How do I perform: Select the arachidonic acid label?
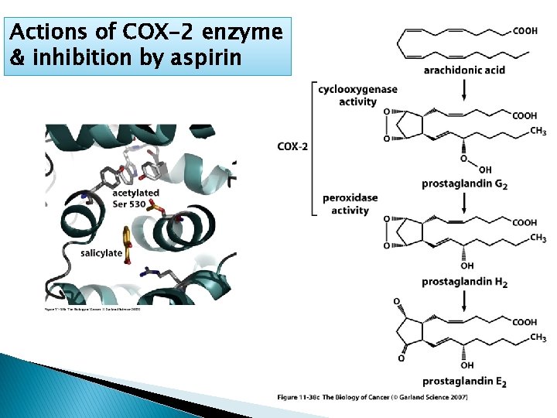coord(464,70)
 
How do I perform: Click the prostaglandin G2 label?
coord(464,184)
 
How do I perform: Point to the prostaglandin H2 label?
coord(464,283)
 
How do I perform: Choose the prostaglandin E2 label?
coord(464,381)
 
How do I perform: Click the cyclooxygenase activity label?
coord(357,95)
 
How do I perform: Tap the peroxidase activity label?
coord(350,204)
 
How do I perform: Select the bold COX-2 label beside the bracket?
coord(292,146)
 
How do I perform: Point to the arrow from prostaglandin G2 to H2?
coord(464,202)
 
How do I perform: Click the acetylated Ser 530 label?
coord(135,197)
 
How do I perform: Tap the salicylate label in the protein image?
coord(101,253)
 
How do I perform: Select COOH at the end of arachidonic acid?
coord(525,31)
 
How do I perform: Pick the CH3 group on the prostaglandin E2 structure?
coord(538,338)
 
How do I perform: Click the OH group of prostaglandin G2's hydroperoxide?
coord(485,170)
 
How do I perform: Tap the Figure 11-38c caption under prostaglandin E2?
coord(371,397)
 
